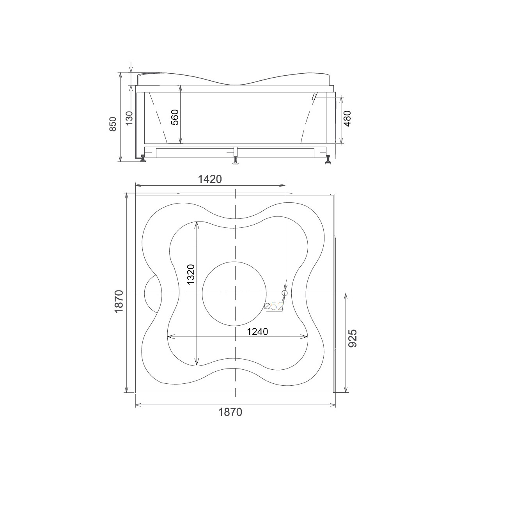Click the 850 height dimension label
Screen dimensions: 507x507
[113, 124]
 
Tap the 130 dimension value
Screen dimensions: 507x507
[129, 118]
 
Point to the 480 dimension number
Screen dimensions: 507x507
[347, 119]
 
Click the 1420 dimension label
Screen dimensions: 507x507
[210, 179]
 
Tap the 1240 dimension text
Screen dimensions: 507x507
[257, 332]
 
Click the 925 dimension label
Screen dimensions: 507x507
[353, 339]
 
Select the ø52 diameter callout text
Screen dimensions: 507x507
[274, 306]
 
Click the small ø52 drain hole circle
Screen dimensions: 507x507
[285, 293]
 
